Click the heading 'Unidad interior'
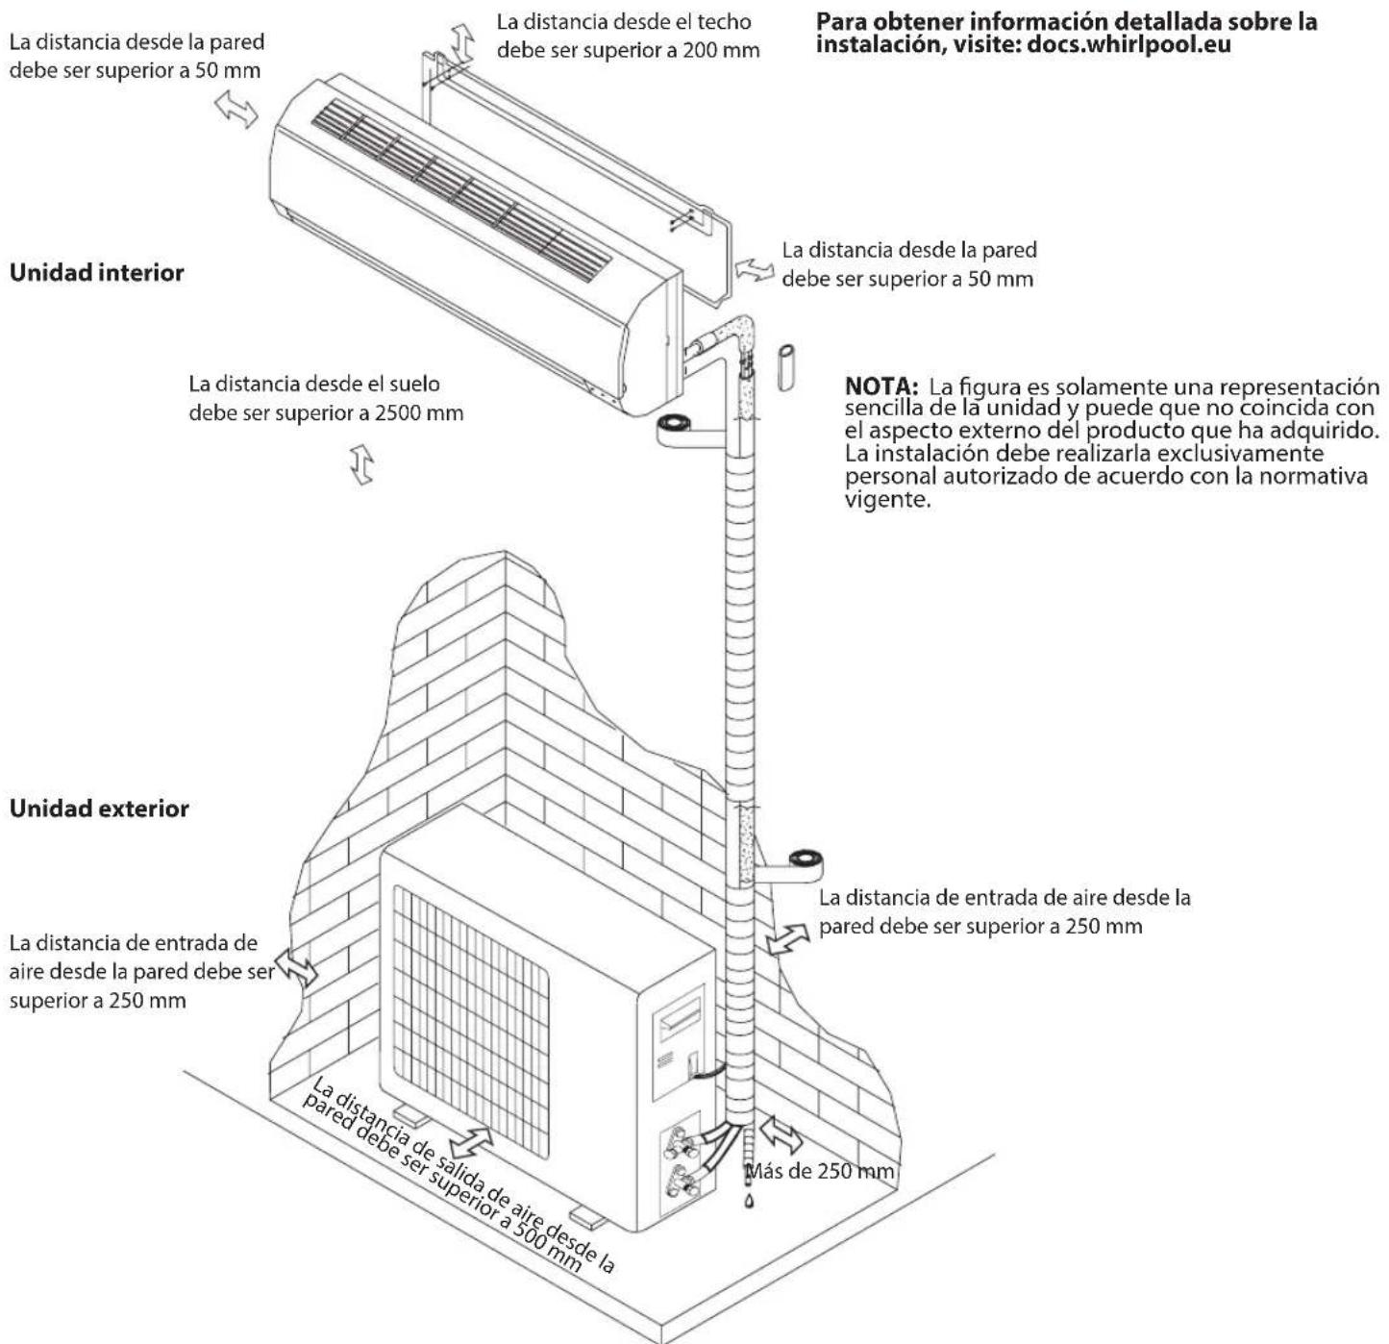tap(96, 273)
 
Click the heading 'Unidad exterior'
tap(99, 809)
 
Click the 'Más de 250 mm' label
tap(819, 1172)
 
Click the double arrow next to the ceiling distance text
tap(464, 43)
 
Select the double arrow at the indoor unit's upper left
tap(236, 110)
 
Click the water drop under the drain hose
tap(750, 1202)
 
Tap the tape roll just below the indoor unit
tap(676, 424)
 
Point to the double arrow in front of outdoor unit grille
tap(472, 1143)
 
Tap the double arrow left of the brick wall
tap(296, 966)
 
